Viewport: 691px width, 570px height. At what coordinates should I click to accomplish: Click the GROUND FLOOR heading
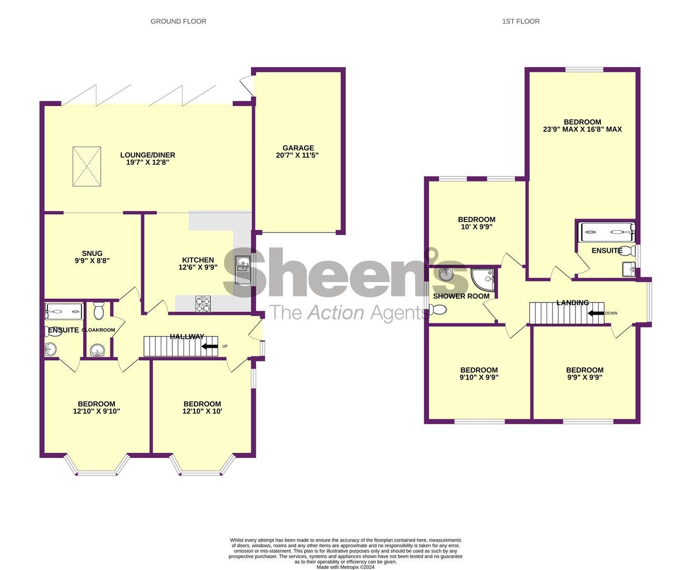click(178, 22)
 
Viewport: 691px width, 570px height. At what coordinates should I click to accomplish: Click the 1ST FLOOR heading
click(521, 22)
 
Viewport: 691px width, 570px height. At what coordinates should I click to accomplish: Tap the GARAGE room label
click(298, 148)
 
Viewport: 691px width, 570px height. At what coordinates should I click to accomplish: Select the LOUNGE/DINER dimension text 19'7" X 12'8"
click(148, 163)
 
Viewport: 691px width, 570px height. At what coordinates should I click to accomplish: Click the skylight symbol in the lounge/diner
click(87, 166)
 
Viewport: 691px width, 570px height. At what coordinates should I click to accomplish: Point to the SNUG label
click(92, 253)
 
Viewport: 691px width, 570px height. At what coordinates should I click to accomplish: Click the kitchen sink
click(242, 270)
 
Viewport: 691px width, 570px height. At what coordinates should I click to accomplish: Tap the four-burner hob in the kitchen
click(203, 304)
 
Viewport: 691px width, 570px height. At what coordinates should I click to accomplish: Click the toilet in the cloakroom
click(99, 310)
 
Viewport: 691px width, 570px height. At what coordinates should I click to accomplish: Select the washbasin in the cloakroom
click(98, 349)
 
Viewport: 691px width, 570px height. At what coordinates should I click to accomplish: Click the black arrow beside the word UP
click(209, 346)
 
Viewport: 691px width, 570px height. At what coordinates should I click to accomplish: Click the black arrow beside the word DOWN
click(596, 313)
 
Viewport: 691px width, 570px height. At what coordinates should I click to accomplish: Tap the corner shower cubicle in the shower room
click(483, 280)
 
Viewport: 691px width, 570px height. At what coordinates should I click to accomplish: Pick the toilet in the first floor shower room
click(438, 310)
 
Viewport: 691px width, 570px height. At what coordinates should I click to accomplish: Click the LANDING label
click(572, 302)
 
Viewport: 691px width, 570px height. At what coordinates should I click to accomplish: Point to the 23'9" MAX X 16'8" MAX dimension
click(582, 130)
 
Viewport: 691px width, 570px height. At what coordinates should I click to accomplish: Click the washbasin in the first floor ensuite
click(628, 269)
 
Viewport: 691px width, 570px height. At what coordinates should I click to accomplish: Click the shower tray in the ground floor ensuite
click(64, 311)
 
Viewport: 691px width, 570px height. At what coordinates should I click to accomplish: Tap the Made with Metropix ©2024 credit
click(346, 567)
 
